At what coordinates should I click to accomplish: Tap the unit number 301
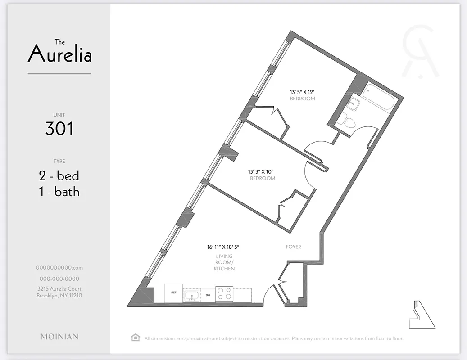[x=59, y=129]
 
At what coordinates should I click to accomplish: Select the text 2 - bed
[x=59, y=175]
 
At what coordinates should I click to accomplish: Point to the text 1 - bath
[x=59, y=192]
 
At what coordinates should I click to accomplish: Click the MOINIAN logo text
[x=59, y=337]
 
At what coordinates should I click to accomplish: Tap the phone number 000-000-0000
[x=59, y=279]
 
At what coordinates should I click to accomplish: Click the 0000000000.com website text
[x=59, y=267]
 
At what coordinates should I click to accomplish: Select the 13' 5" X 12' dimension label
[x=302, y=92]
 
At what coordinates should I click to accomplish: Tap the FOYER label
[x=293, y=247]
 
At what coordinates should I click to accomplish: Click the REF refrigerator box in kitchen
[x=173, y=293]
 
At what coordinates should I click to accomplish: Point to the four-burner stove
[x=224, y=294]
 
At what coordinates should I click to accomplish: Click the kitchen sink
[x=192, y=295]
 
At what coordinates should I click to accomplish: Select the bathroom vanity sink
[x=354, y=103]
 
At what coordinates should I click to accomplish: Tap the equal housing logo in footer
[x=134, y=338]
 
